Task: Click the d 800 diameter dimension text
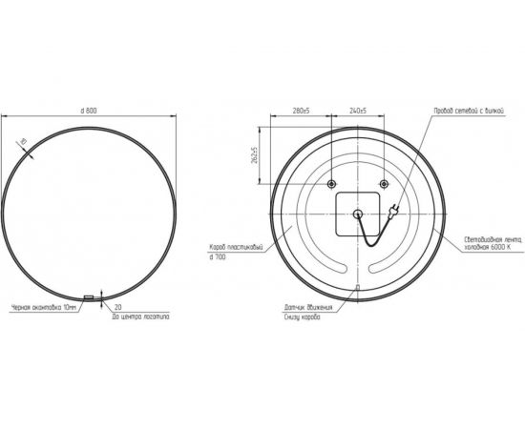(x=91, y=112)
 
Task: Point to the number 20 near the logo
(x=117, y=308)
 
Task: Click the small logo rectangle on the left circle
(x=90, y=297)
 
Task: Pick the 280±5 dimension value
(x=300, y=112)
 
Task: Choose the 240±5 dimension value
(x=360, y=112)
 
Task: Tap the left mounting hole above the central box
(x=330, y=183)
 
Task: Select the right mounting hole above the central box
(x=383, y=183)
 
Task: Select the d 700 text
(x=219, y=257)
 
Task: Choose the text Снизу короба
(x=303, y=317)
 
